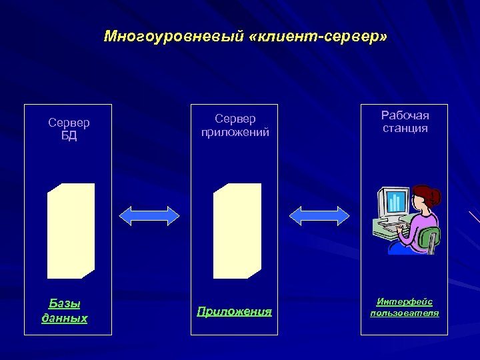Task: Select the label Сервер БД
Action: pyautogui.click(x=69, y=129)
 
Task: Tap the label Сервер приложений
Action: pyautogui.click(x=235, y=125)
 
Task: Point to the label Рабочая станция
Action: pyautogui.click(x=405, y=122)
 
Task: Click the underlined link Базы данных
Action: pyautogui.click(x=65, y=311)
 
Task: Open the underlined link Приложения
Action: pyautogui.click(x=234, y=311)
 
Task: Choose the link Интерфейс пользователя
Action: pyautogui.click(x=405, y=307)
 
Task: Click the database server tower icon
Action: pyautogui.click(x=71, y=231)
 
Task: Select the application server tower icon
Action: pyautogui.click(x=237, y=231)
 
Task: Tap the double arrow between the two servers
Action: pyautogui.click(x=149, y=215)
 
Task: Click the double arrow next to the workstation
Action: pyautogui.click(x=319, y=215)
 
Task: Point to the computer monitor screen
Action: pyautogui.click(x=395, y=202)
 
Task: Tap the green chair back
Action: pyautogui.click(x=430, y=238)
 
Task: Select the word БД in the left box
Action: pyautogui.click(x=69, y=136)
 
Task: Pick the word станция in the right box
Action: pyautogui.click(x=405, y=128)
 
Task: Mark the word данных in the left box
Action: pyautogui.click(x=65, y=318)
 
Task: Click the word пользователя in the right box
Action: pyautogui.click(x=405, y=313)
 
